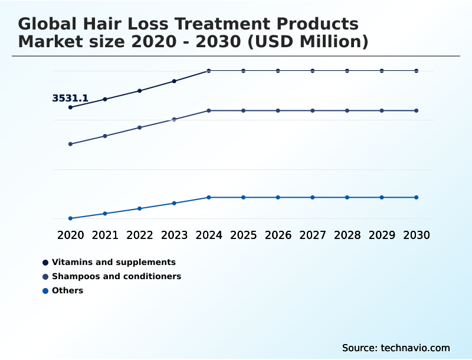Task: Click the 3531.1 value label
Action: click(70, 99)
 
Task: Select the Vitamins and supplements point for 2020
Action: click(70, 107)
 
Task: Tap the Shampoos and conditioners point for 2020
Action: click(70, 144)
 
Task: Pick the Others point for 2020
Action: click(70, 218)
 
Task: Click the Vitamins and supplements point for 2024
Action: click(209, 71)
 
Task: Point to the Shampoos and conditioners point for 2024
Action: click(209, 110)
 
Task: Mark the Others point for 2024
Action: click(209, 197)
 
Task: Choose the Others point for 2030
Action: click(417, 197)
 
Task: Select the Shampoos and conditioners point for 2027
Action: click(313, 110)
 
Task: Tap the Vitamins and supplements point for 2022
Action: click(140, 91)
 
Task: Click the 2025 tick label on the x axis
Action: click(243, 235)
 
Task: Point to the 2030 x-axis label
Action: click(417, 235)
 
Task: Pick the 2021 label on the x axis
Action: click(105, 235)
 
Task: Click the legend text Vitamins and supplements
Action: click(114, 262)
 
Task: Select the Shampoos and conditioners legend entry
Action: click(116, 276)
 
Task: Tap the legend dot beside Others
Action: click(45, 290)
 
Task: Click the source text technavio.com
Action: click(414, 348)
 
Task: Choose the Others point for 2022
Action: click(140, 208)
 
